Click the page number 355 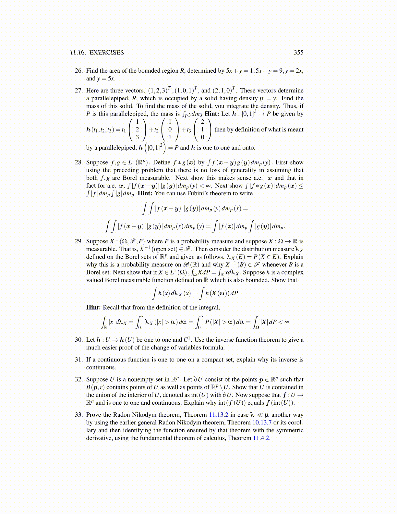click(x=298, y=53)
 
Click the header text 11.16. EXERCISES click(x=97, y=53)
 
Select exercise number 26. click(x=79, y=71)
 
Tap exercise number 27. click(x=79, y=91)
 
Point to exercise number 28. click(x=79, y=162)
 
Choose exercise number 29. click(x=79, y=241)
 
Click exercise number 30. click(x=79, y=340)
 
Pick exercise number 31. click(x=79, y=360)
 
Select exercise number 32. click(x=79, y=379)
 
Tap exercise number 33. click(x=79, y=415)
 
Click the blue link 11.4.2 click(x=261, y=438)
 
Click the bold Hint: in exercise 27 click(x=212, y=114)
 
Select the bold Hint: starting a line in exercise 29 click(x=94, y=307)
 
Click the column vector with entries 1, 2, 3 click(x=137, y=129)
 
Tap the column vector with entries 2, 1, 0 click(x=202, y=129)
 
